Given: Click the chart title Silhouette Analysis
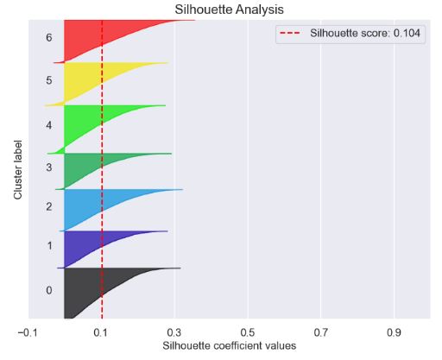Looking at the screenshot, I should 229,9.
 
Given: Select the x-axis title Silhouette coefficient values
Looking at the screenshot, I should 229,346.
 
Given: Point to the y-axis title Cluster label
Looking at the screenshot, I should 18,170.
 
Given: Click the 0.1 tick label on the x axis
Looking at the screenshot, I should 101,332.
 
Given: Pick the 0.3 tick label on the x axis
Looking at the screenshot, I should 174,332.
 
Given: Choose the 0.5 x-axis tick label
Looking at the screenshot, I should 248,332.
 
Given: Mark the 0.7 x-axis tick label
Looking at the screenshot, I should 321,332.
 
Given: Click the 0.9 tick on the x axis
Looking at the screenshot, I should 395,332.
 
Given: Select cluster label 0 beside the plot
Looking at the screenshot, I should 49,290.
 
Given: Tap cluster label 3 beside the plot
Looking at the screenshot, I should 49,167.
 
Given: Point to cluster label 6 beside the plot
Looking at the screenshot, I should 49,39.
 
